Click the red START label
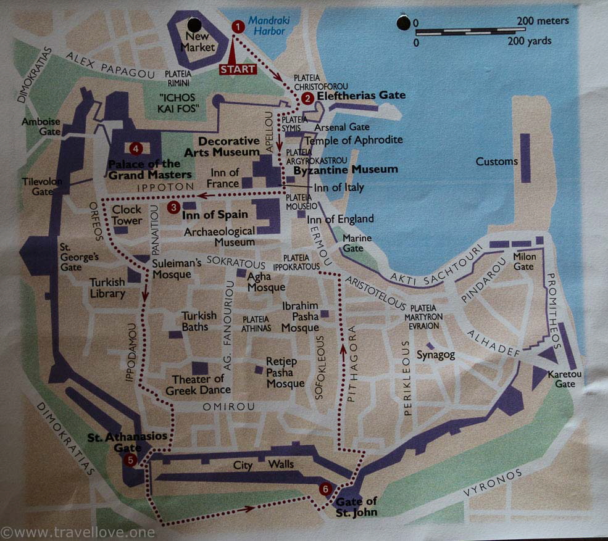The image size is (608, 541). pyautogui.click(x=238, y=69)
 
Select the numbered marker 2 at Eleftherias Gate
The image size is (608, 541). pyautogui.click(x=307, y=97)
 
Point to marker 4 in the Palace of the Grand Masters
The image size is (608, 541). pyautogui.click(x=136, y=148)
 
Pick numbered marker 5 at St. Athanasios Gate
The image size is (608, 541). pyautogui.click(x=130, y=460)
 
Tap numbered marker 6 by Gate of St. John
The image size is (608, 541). pyautogui.click(x=325, y=489)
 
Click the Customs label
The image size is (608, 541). pyautogui.click(x=497, y=162)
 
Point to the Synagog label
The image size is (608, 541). pyautogui.click(x=435, y=355)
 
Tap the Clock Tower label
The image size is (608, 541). pyautogui.click(x=127, y=215)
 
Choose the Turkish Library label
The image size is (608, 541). pyautogui.click(x=107, y=287)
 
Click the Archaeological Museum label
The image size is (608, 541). pyautogui.click(x=220, y=237)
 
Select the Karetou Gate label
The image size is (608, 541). pyautogui.click(x=560, y=379)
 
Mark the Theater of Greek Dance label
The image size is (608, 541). pyautogui.click(x=198, y=384)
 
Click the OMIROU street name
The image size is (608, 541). pyautogui.click(x=220, y=407)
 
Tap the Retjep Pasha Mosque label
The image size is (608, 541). pyautogui.click(x=285, y=372)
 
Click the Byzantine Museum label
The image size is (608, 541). pyautogui.click(x=346, y=169)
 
